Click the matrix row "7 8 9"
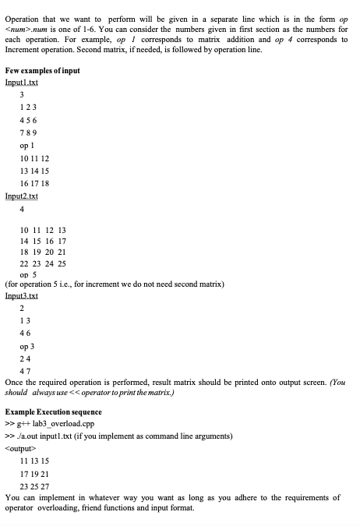(x=28, y=132)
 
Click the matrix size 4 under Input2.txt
(x=22, y=210)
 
